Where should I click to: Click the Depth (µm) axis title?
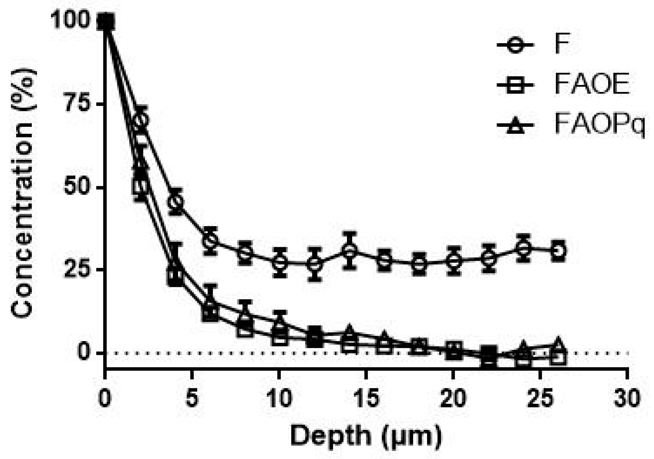pyautogui.click(x=366, y=436)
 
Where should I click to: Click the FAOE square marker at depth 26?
pyautogui.click(x=558, y=358)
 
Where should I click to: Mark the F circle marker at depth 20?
pyautogui.click(x=453, y=260)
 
